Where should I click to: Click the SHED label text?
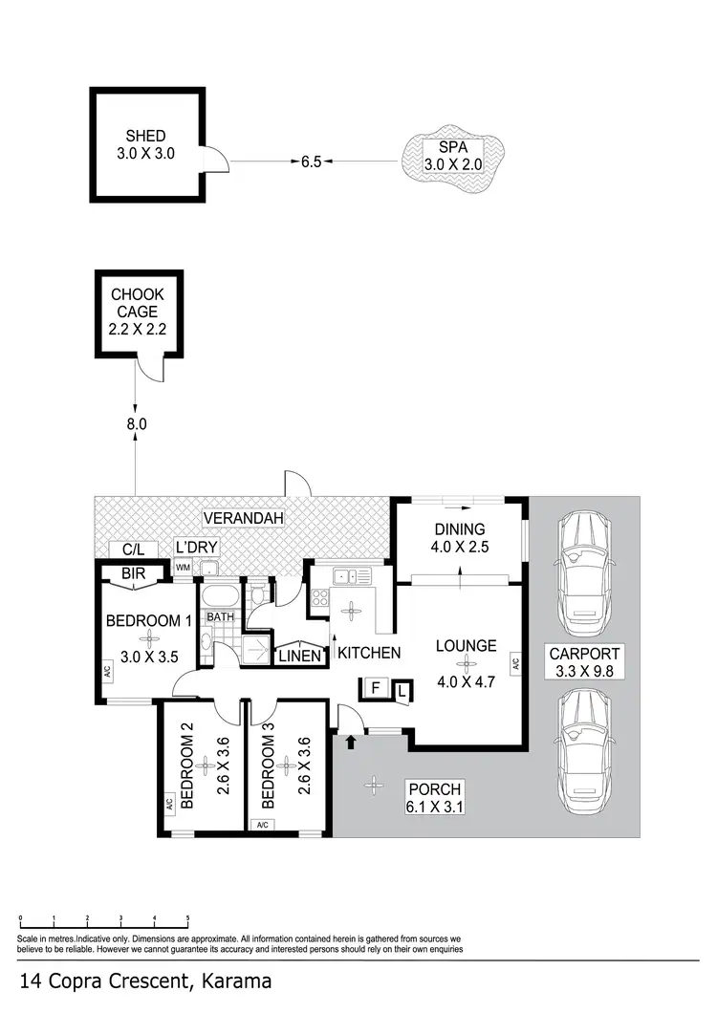pos(145,136)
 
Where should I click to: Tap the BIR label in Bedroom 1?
pos(134,575)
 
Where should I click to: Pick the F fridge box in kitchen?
pos(376,687)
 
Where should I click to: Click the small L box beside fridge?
pos(402,690)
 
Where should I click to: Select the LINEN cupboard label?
pos(297,657)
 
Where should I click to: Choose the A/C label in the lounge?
pos(514,663)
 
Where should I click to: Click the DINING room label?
pos(460,528)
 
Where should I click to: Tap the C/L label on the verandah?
pos(133,549)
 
